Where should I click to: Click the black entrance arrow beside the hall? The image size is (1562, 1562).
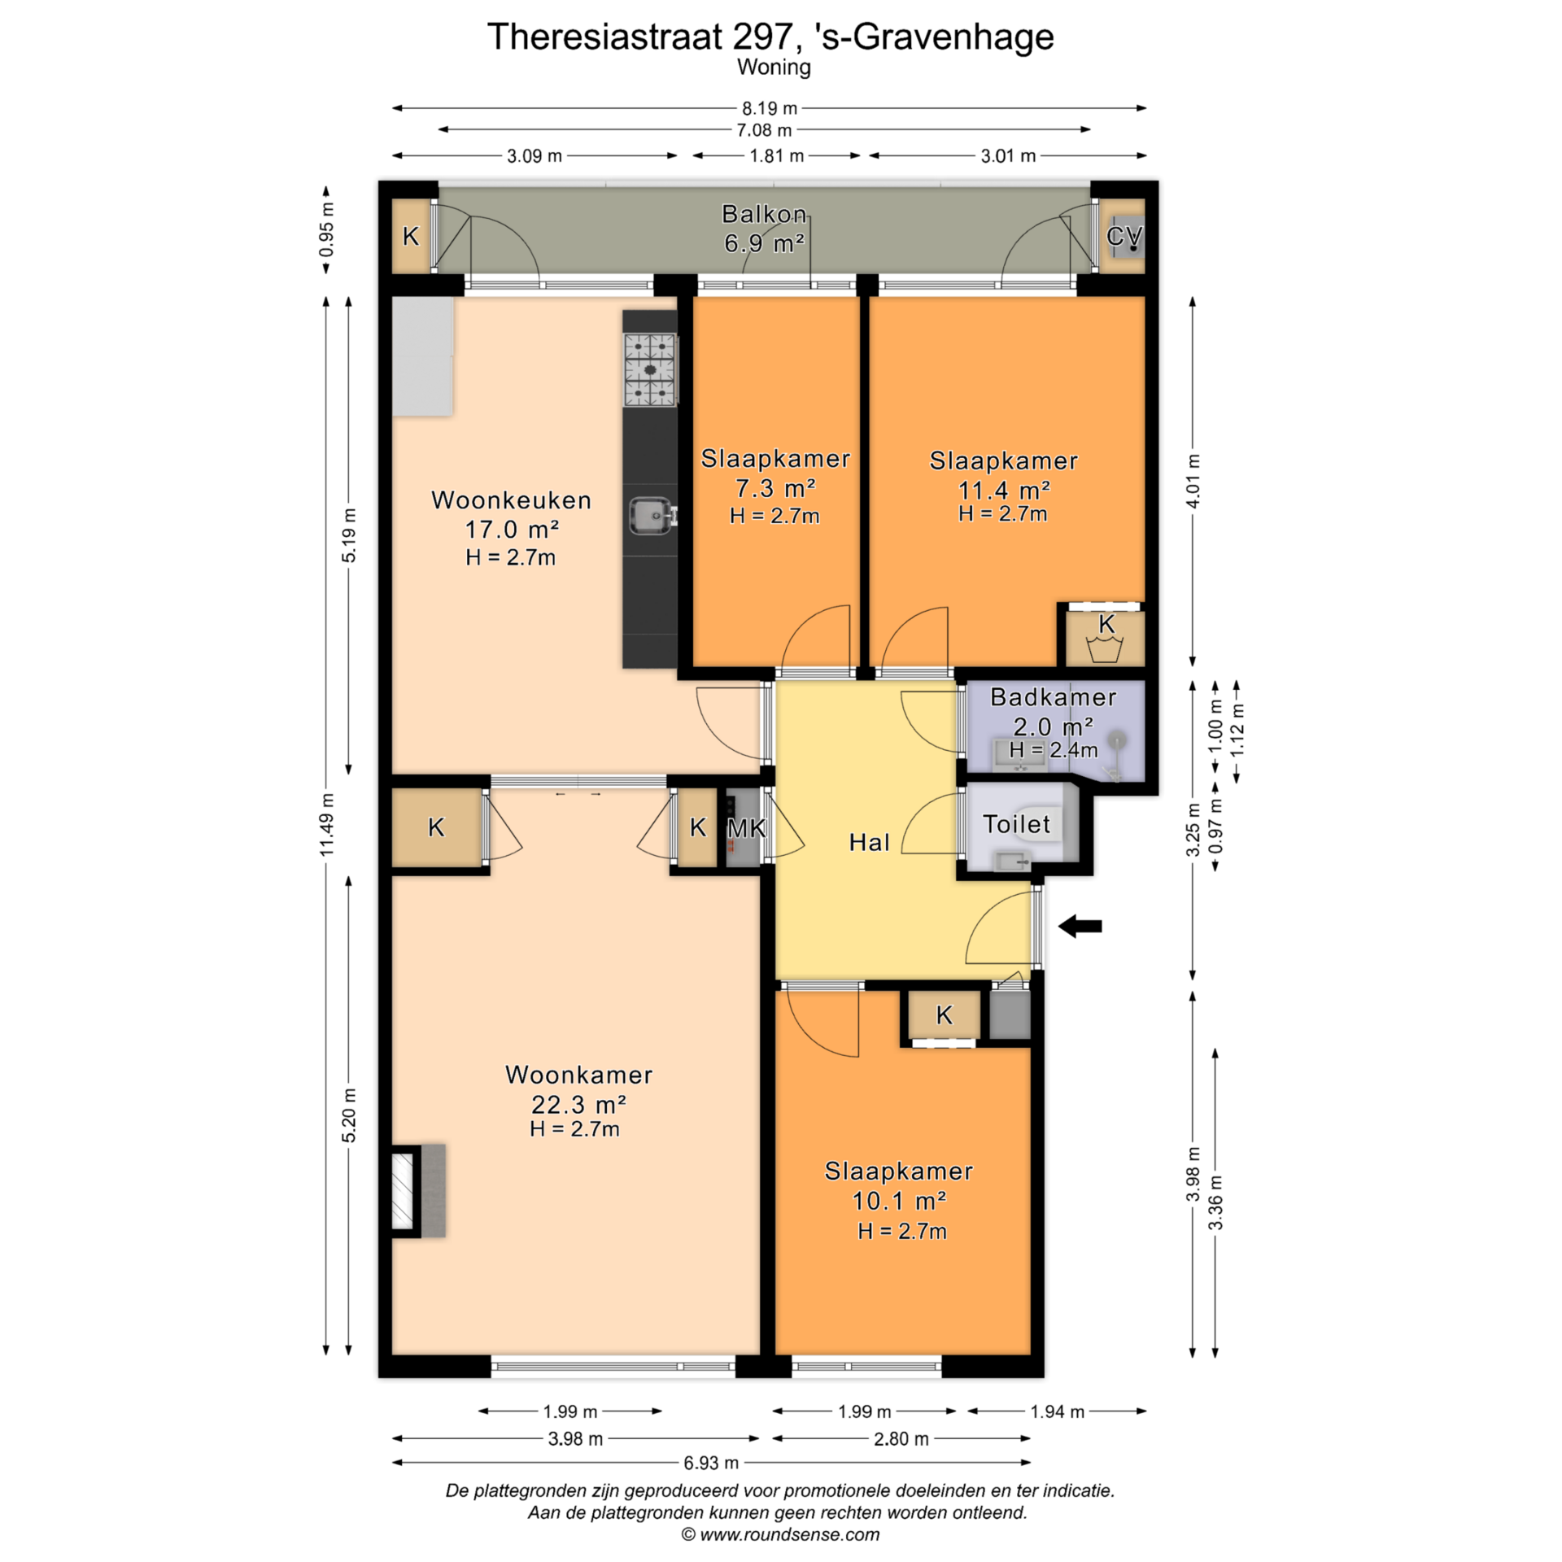tap(1080, 926)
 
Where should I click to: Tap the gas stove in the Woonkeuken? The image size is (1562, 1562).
tap(650, 370)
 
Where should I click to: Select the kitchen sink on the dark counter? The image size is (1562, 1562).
tap(652, 515)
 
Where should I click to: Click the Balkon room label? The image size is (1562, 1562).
tap(764, 214)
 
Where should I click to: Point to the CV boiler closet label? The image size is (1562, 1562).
tap(1124, 236)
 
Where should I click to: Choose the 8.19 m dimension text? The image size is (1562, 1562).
tap(769, 108)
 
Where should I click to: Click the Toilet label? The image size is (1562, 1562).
tap(1016, 824)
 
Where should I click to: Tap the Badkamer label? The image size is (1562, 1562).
tap(1053, 697)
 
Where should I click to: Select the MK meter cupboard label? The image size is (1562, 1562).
tap(746, 828)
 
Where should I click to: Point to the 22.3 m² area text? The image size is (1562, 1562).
tap(578, 1104)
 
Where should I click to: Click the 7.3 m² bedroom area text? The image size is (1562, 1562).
tap(775, 488)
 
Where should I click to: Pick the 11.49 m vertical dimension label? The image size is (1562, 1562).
tap(326, 824)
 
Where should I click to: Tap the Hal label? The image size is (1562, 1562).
tap(869, 842)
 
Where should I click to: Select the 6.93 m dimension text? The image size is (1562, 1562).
tap(711, 1463)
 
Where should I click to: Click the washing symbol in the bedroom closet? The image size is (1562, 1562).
tap(1105, 649)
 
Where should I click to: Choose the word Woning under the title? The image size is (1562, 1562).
tap(774, 68)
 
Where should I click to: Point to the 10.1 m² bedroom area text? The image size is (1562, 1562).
tap(898, 1201)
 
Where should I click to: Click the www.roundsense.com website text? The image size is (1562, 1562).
tap(789, 1534)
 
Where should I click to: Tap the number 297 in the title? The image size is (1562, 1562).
tap(761, 37)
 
